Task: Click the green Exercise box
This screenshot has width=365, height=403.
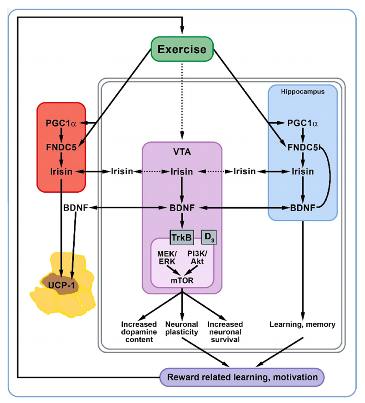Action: (x=182, y=49)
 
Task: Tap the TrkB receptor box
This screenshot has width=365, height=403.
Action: (x=181, y=237)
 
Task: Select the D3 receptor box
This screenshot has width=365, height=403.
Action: (x=209, y=238)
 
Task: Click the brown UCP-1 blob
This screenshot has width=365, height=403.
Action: (x=60, y=284)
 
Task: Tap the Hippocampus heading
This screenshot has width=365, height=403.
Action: (x=303, y=91)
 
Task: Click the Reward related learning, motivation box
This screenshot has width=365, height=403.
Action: (x=242, y=377)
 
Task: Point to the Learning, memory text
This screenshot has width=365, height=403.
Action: (x=302, y=325)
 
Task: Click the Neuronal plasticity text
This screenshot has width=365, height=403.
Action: (x=182, y=329)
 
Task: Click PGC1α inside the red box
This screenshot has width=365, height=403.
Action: (x=61, y=124)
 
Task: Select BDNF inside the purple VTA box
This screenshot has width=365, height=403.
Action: (x=182, y=208)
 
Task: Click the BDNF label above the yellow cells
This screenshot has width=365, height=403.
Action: (x=75, y=208)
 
